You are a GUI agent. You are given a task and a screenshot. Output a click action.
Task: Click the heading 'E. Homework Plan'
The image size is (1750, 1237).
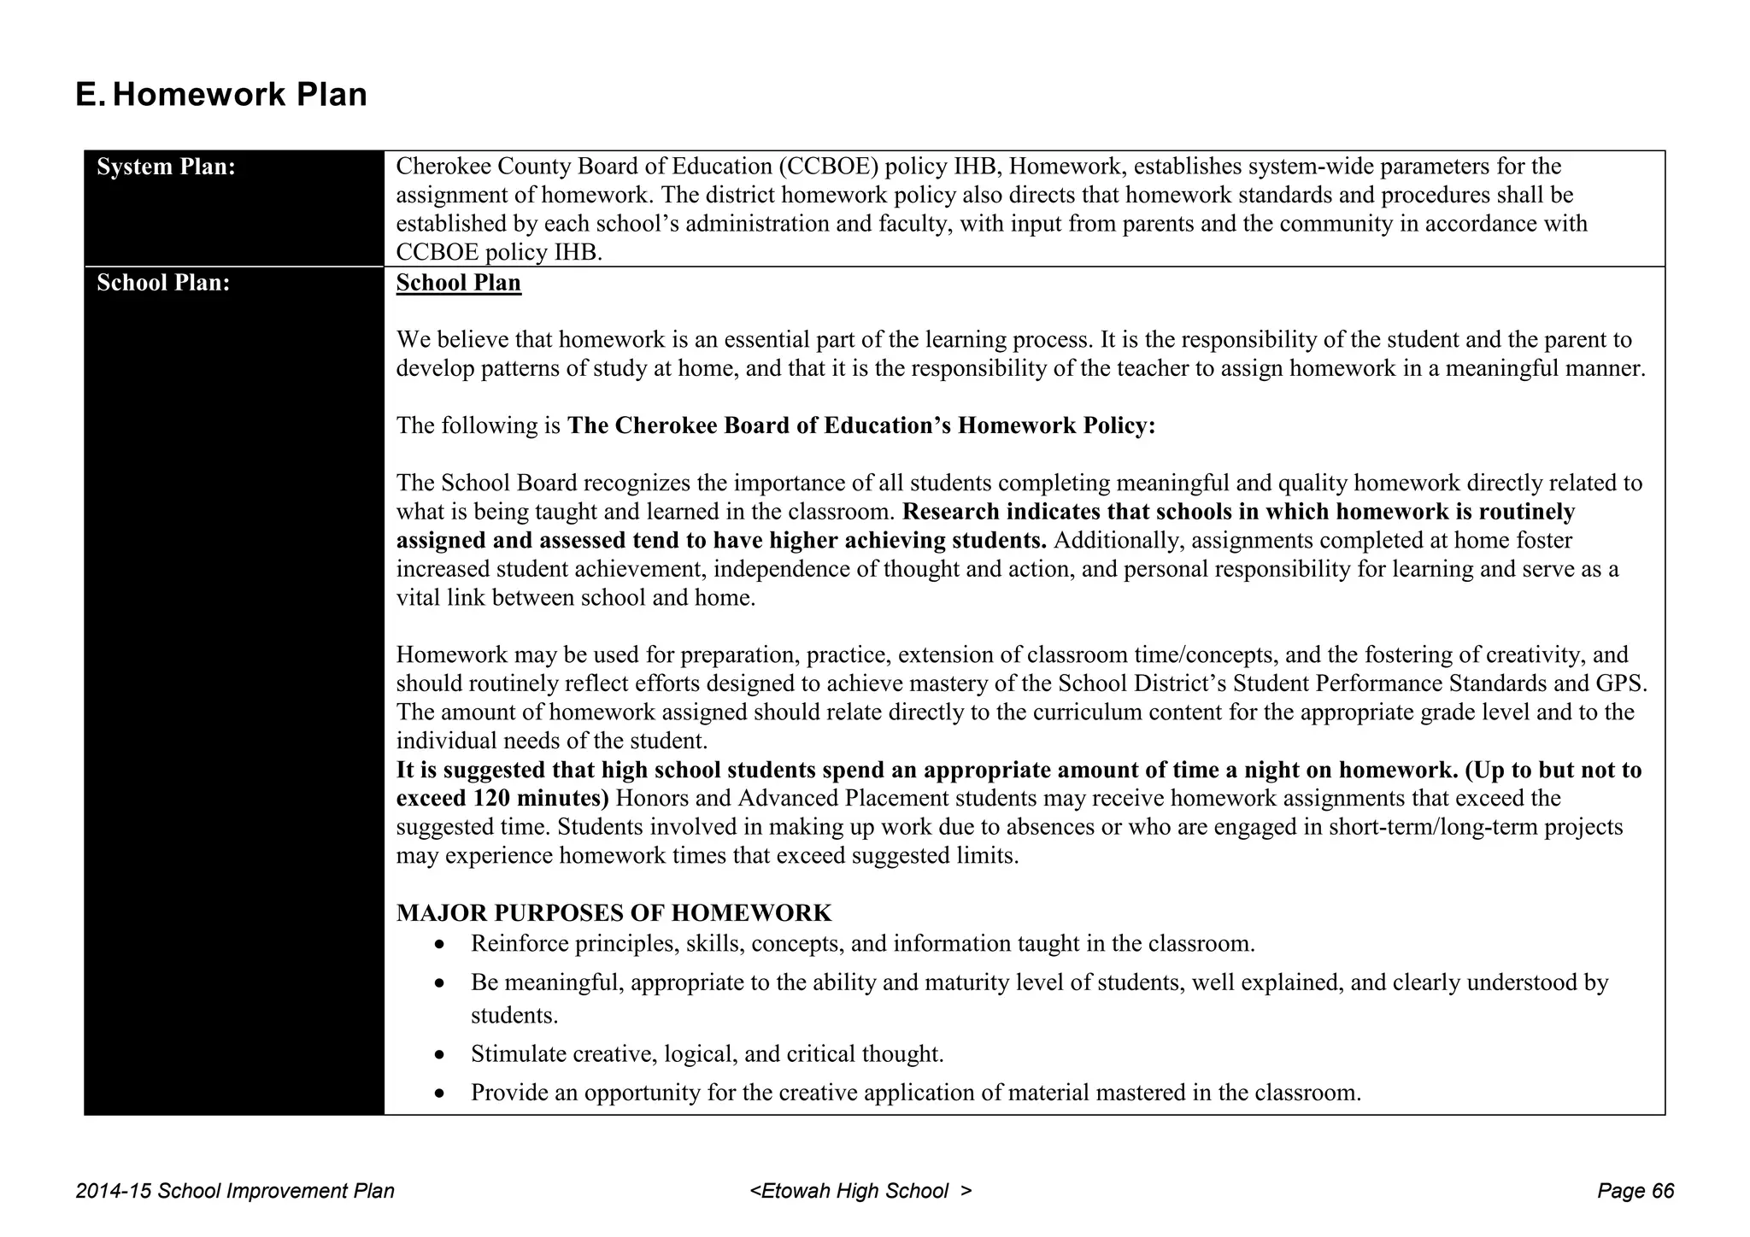[x=221, y=95]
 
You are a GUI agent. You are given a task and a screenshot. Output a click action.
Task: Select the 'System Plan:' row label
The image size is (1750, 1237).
[x=166, y=167]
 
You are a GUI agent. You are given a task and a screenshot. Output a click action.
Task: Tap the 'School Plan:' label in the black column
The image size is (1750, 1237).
[x=163, y=283]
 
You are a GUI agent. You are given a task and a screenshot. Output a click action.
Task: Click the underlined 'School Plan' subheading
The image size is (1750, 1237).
[x=458, y=283]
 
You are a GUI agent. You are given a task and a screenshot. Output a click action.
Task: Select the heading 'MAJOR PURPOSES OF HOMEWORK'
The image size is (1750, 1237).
[x=614, y=913]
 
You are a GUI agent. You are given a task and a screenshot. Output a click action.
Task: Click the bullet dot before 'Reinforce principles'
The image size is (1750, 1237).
[x=439, y=945]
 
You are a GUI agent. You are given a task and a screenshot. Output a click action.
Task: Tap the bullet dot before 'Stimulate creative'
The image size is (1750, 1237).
[x=439, y=1055]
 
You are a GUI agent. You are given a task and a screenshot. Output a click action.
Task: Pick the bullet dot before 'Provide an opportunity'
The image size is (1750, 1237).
[x=439, y=1093]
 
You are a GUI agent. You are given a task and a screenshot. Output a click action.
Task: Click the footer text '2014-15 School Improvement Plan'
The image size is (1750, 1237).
[x=235, y=1191]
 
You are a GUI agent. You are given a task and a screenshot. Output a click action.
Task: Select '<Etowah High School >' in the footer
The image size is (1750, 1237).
[x=860, y=1191]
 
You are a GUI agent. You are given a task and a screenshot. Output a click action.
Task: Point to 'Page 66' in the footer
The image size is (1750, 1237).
[x=1635, y=1191]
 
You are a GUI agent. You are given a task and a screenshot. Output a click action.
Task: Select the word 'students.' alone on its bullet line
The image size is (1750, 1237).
[x=514, y=1016]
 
